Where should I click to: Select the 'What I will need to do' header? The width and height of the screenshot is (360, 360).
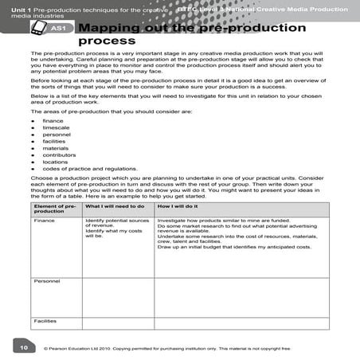tap(115, 206)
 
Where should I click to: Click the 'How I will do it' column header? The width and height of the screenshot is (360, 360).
tap(179, 206)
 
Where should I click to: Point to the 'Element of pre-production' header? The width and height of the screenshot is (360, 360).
tap(54, 209)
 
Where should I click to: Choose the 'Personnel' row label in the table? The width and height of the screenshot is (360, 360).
tap(46, 282)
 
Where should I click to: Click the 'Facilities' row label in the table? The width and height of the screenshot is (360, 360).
tap(45, 321)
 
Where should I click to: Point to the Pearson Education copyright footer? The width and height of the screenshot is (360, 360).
tap(168, 348)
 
